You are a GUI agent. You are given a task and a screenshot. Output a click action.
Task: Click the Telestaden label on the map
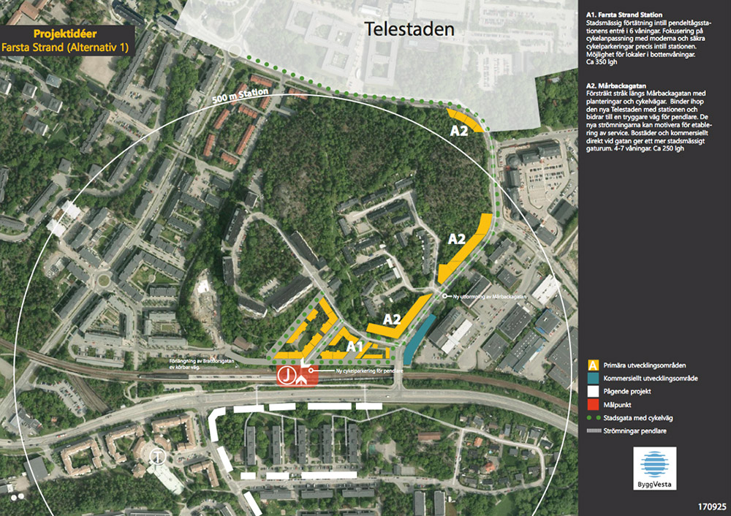click(409, 30)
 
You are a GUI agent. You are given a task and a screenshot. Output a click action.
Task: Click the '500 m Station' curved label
click(247, 98)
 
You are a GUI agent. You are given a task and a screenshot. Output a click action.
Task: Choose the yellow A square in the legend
click(594, 365)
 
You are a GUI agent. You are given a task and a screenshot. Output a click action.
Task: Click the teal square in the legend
click(594, 378)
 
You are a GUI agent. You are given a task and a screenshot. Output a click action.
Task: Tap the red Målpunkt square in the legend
click(594, 404)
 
